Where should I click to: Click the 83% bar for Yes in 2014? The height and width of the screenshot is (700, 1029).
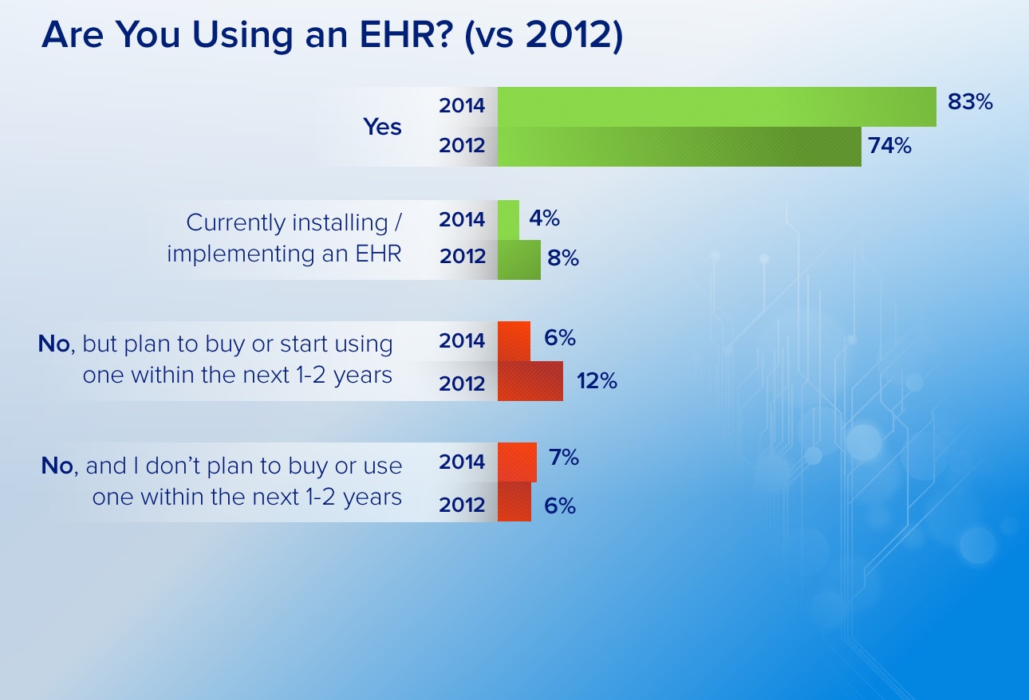pos(716,107)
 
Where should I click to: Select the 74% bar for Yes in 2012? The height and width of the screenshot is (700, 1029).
pos(680,147)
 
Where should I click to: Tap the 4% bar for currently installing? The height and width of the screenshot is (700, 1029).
pos(509,220)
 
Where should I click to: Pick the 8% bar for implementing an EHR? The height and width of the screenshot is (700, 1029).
pos(519,260)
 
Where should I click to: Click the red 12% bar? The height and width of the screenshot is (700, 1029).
pos(530,381)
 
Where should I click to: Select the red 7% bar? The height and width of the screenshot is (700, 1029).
pos(517,462)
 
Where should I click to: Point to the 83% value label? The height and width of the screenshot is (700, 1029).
pos(970,101)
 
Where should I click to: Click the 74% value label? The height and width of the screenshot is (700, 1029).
pos(890,146)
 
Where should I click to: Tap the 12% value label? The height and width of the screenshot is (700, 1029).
pos(597,381)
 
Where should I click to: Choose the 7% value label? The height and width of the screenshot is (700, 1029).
pos(564,457)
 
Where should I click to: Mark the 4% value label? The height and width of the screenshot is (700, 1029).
pos(544,218)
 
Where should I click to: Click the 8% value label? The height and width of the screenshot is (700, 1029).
pos(563,258)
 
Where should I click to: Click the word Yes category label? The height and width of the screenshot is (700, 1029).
pos(382,127)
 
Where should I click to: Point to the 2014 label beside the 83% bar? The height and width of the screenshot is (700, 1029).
pos(462,105)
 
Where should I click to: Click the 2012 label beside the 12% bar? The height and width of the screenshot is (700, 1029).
pos(462,383)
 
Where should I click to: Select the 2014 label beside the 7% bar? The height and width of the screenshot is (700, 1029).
pos(462,462)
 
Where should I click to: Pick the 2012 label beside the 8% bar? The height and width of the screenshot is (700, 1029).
pos(463,256)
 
